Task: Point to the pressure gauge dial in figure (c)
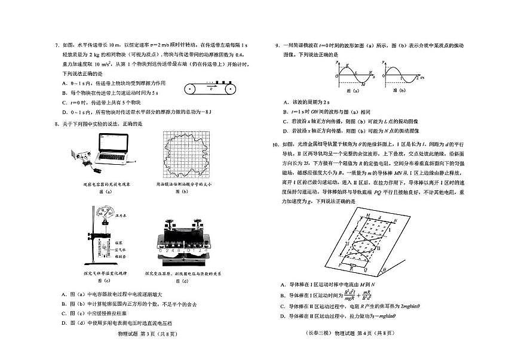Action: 108,211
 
